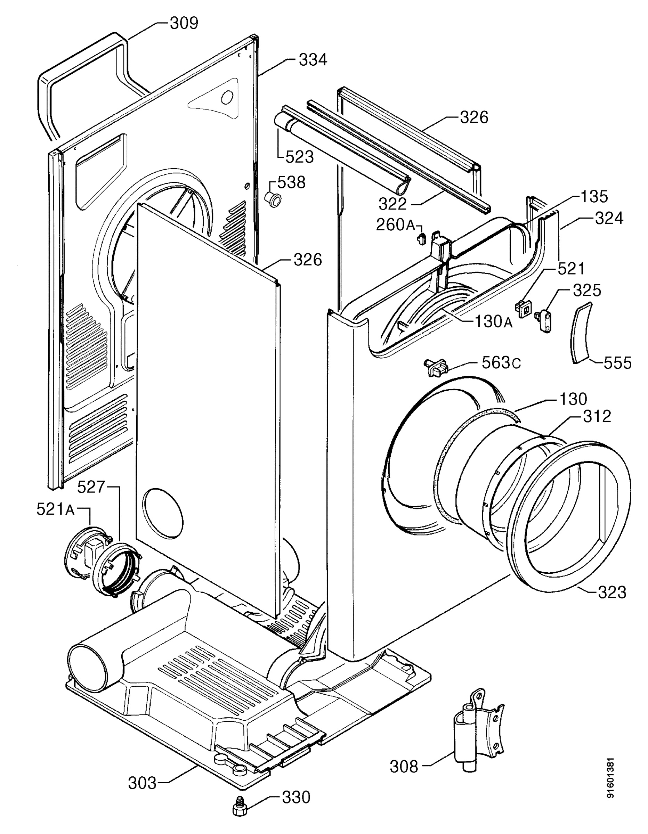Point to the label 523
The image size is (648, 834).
300,157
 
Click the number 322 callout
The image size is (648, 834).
393,204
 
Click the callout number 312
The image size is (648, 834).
597,417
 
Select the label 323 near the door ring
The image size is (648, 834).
612,592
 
